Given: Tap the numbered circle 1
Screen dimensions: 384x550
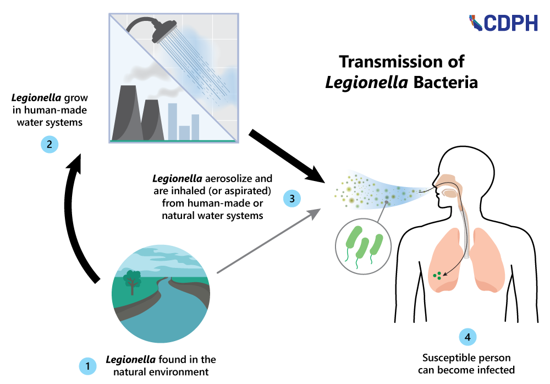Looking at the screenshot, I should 87,365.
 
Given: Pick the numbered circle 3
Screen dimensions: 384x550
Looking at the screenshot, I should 291,198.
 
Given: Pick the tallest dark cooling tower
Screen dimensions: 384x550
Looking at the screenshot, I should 127,113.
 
